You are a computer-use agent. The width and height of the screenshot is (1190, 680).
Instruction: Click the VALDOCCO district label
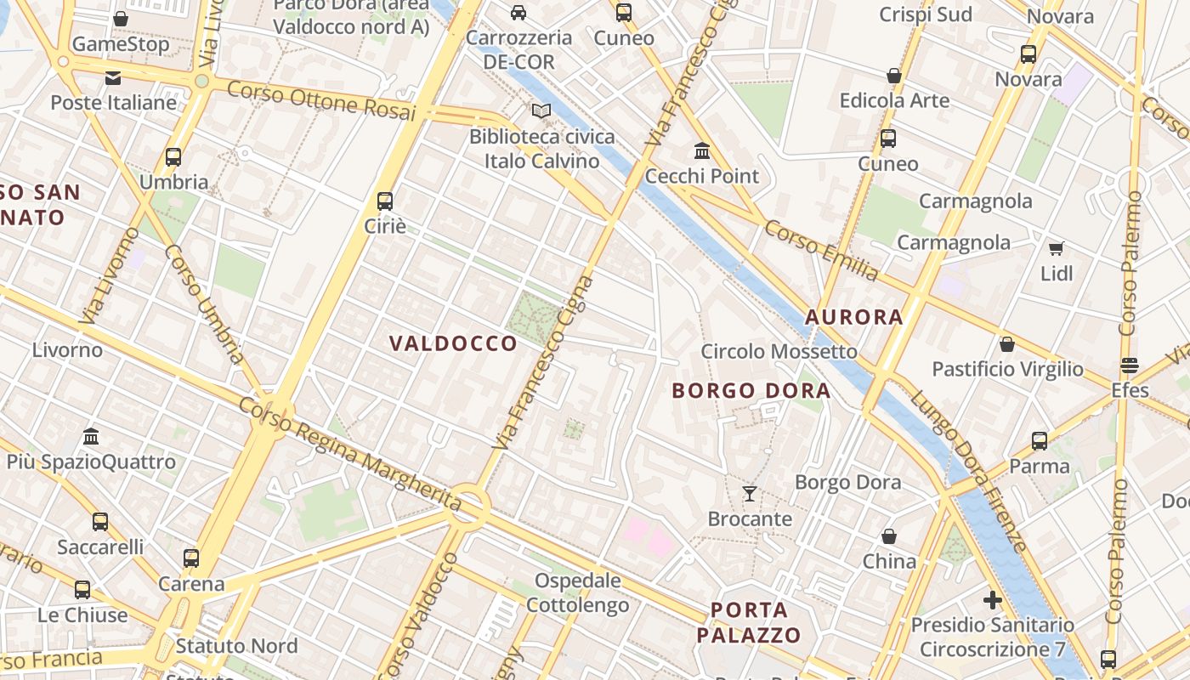point(453,343)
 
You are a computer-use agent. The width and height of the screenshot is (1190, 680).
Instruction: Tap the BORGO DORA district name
point(751,391)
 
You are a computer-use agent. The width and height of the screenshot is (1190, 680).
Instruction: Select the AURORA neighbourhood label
point(853,317)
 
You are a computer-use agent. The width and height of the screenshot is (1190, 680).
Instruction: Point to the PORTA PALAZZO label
point(749,622)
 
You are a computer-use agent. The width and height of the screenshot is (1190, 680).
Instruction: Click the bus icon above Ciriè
point(385,201)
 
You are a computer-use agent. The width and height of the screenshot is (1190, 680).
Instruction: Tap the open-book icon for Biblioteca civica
point(541,110)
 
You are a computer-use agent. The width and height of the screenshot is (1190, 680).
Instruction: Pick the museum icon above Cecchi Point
point(702,151)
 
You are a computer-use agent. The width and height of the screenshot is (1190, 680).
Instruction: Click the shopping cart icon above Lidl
point(1056,248)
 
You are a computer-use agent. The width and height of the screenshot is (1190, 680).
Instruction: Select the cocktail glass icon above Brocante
point(750,494)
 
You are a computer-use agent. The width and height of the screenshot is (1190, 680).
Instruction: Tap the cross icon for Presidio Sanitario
point(992,600)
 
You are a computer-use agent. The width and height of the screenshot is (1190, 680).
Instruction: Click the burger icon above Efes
point(1130,366)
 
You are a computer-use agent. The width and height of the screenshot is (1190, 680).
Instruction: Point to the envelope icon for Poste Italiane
point(113,78)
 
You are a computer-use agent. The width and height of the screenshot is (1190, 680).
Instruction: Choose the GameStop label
point(121,44)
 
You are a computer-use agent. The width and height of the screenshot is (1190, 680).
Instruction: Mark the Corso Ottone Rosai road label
point(321,101)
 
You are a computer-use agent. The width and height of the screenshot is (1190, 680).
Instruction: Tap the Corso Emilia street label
point(820,250)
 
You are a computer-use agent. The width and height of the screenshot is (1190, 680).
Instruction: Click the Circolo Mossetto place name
point(779,352)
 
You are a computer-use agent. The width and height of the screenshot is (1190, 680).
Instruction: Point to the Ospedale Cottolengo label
point(578,593)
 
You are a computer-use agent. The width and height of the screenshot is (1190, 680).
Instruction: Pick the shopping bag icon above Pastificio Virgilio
point(1007,344)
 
